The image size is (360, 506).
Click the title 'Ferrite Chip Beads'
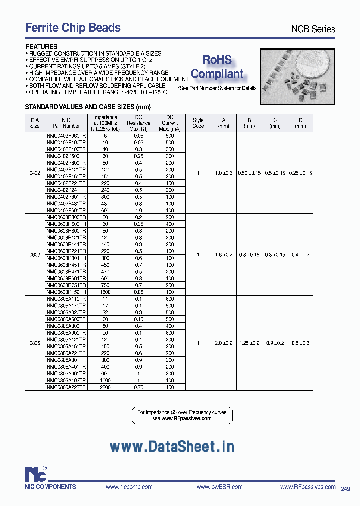point(73,28)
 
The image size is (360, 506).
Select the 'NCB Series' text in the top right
point(313,29)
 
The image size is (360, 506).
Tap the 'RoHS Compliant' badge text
point(217,67)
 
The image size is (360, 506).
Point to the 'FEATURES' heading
point(41,47)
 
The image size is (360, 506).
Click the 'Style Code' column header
point(198,123)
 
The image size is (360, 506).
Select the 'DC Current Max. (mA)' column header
point(170,123)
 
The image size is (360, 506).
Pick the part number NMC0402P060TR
point(66,135)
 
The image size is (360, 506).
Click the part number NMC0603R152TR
point(66,291)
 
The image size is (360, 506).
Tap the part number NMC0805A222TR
point(66,387)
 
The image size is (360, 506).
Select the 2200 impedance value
point(105,387)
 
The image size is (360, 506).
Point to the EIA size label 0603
point(35,255)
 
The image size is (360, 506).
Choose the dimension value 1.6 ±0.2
point(223,255)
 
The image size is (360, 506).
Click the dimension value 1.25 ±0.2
point(249,343)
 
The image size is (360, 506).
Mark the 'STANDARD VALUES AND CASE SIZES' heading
point(87,107)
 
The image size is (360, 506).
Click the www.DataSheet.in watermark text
point(171,446)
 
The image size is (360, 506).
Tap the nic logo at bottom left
point(36,474)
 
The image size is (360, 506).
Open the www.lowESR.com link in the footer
point(219,487)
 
